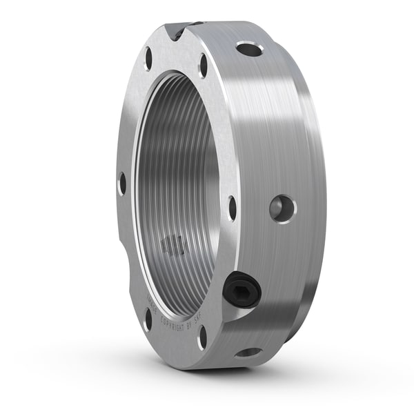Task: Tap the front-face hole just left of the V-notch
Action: pos(148,58)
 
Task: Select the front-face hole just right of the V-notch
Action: pos(204,66)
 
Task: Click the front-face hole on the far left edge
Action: pos(122,184)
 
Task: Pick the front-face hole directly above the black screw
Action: pos(233,207)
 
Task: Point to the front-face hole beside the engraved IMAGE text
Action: pos(148,319)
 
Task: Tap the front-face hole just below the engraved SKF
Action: pos(202,337)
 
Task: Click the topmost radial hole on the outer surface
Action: pos(249,49)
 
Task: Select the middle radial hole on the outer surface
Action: pos(282,208)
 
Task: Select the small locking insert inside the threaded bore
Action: pos(172,245)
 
